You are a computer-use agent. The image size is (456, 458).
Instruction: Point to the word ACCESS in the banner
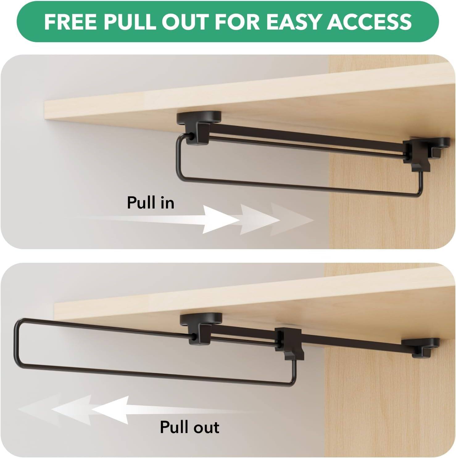click(x=369, y=22)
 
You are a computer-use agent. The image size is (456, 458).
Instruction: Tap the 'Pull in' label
click(x=151, y=203)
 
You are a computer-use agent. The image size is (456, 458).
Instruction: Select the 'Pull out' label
click(x=189, y=427)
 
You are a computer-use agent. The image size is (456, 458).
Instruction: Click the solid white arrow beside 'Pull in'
click(x=221, y=220)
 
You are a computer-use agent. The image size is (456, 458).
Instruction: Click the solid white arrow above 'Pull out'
click(x=111, y=410)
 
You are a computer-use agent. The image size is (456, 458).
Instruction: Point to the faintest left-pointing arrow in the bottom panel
click(x=34, y=410)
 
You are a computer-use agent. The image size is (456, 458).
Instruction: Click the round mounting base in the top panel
click(x=199, y=118)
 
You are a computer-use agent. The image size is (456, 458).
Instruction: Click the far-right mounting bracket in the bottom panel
click(x=421, y=346)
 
